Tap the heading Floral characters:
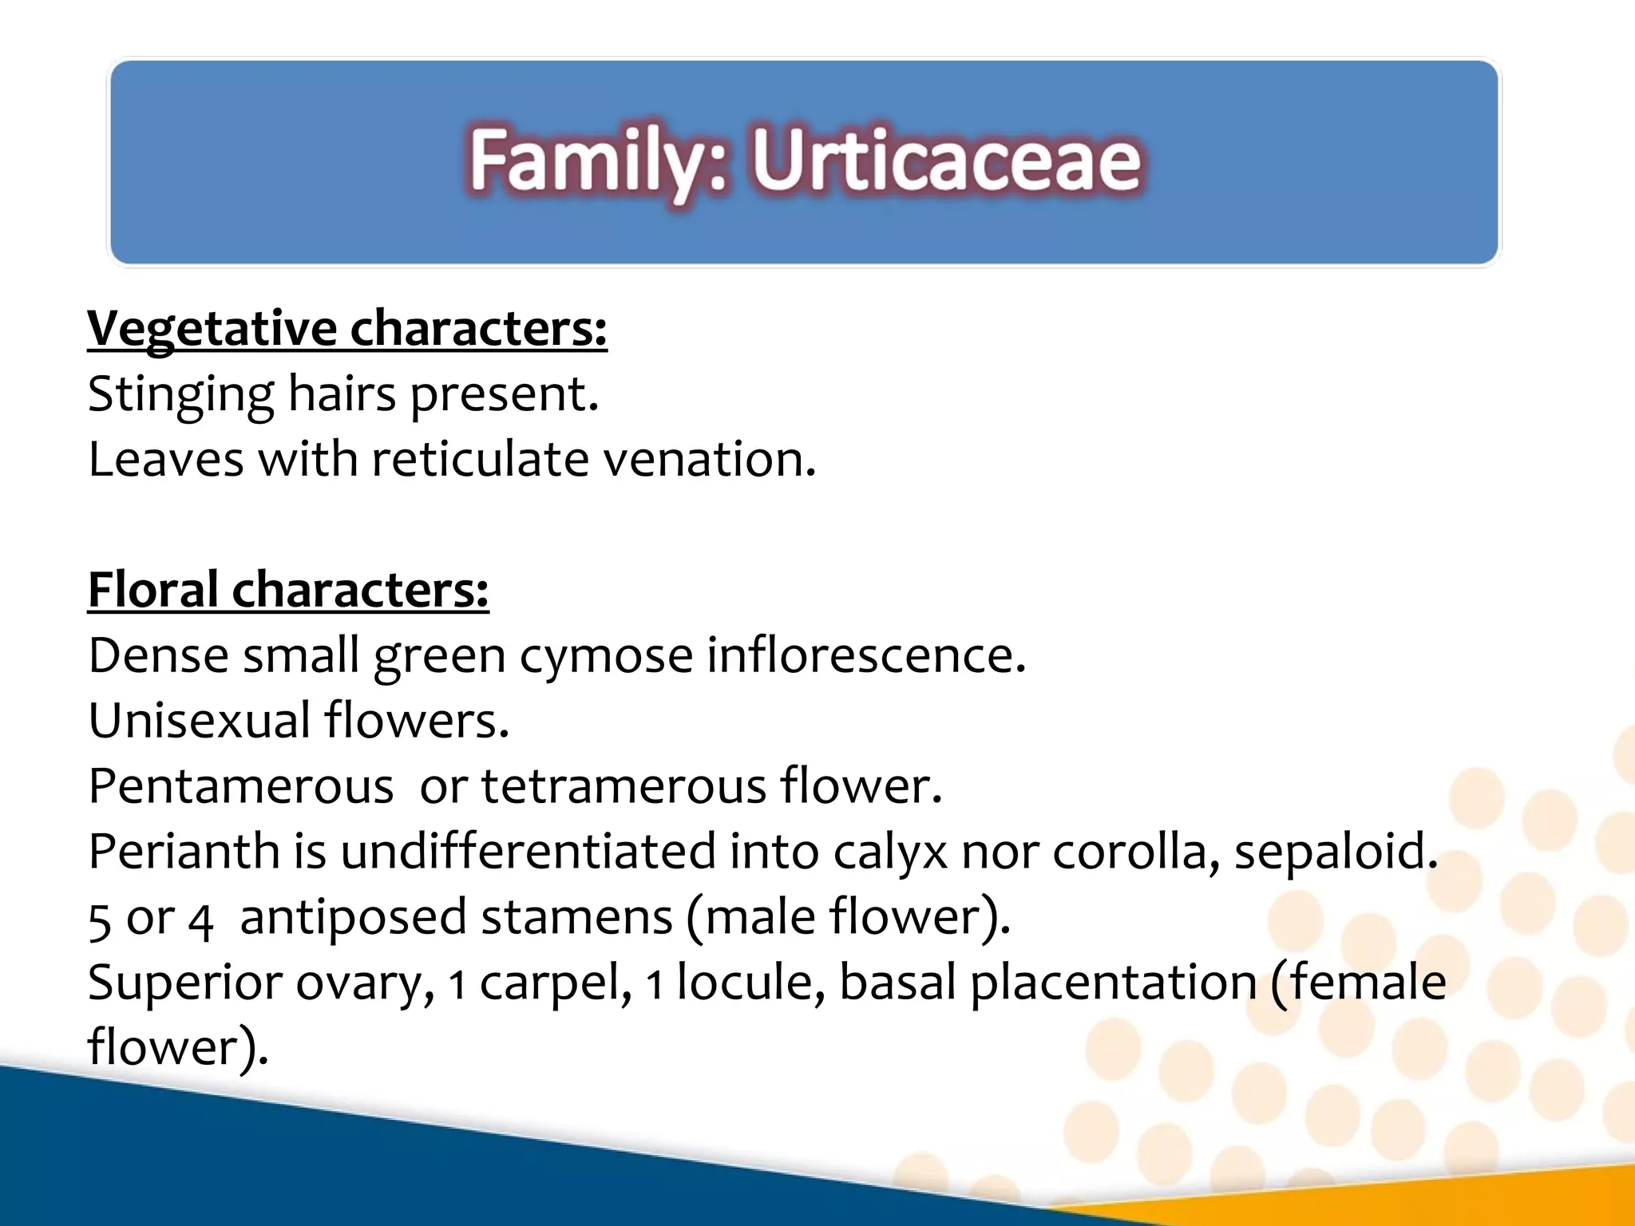pyautogui.click(x=288, y=590)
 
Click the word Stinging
pyautogui.click(x=180, y=394)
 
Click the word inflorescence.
pyautogui.click(x=865, y=656)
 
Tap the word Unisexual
pyautogui.click(x=199, y=721)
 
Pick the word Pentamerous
pyautogui.click(x=240, y=786)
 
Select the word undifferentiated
pyautogui.click(x=528, y=852)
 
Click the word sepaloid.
pyautogui.click(x=1335, y=852)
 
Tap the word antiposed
pyautogui.click(x=353, y=917)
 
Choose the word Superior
pyautogui.click(x=184, y=983)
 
